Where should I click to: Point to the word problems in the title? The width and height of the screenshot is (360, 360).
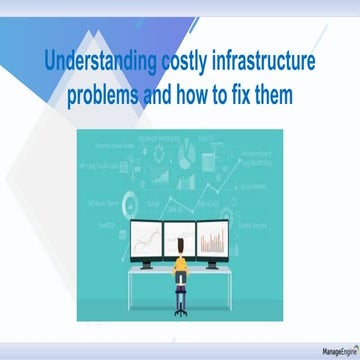pos(109,97)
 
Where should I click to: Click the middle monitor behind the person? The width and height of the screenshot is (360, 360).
pos(180,236)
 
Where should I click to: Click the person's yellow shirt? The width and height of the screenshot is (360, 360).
pos(180,267)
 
